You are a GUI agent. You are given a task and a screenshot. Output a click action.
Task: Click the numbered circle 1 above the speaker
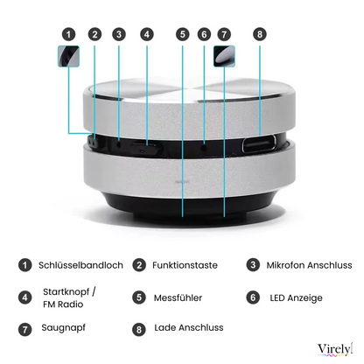pos(68,35)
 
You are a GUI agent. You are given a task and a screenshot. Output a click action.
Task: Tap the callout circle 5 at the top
pos(182,35)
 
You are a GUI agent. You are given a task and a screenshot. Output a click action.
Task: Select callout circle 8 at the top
pos(259,35)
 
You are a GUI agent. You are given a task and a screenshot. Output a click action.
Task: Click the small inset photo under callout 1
pos(68,58)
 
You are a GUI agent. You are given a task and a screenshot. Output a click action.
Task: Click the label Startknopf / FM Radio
pos(70,297)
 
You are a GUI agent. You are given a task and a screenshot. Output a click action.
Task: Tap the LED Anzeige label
pos(296,297)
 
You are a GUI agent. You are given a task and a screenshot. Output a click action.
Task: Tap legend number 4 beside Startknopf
pos(26,297)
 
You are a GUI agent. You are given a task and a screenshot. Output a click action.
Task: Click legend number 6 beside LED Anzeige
pos(253,297)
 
